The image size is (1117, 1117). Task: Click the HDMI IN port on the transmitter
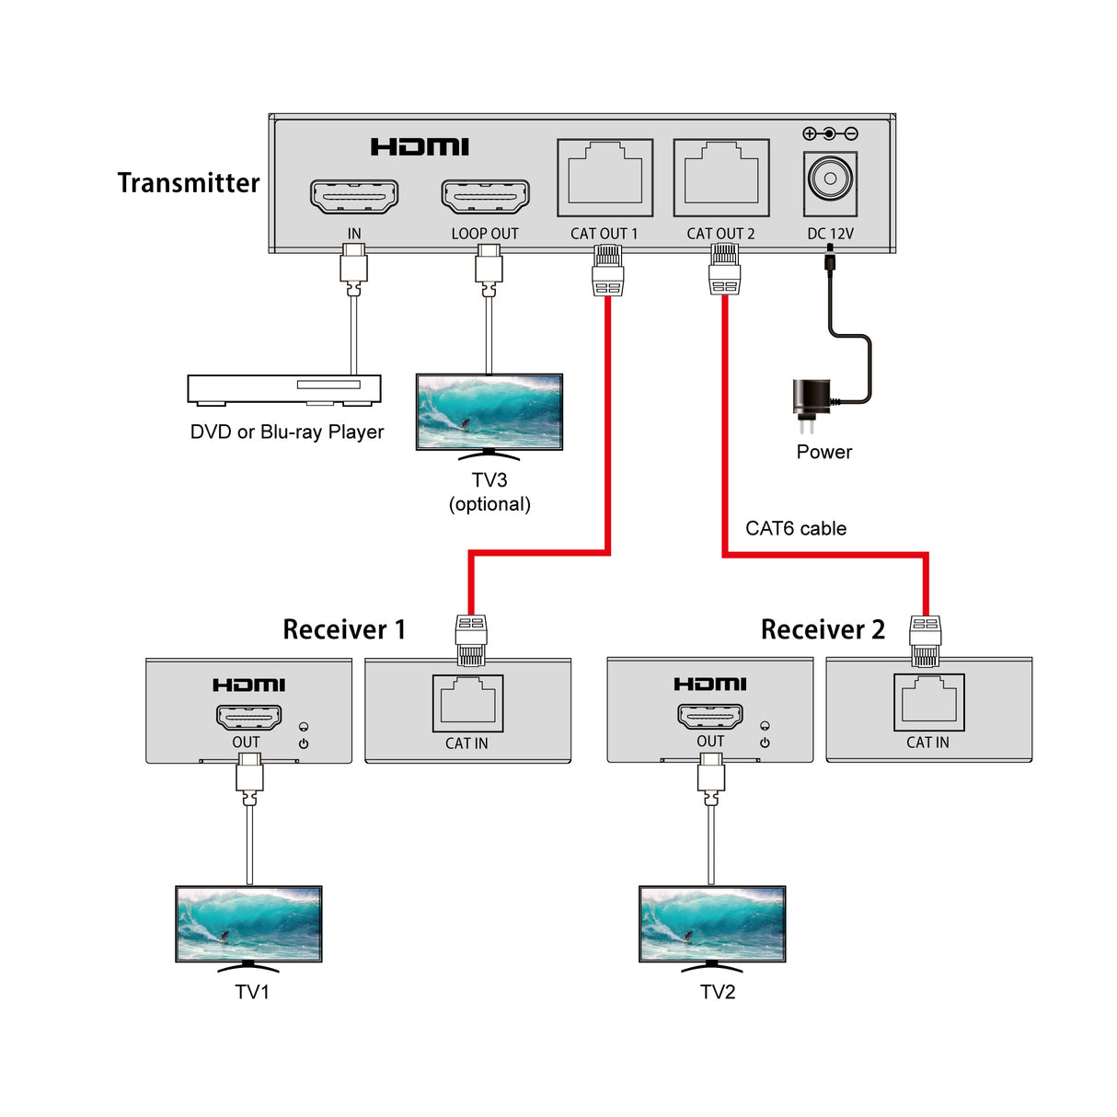tap(354, 196)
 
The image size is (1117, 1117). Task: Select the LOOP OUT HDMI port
tap(485, 196)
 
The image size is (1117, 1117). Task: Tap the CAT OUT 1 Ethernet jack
tap(605, 178)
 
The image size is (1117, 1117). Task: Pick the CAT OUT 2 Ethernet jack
tap(721, 178)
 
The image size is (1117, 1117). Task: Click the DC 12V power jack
tap(831, 178)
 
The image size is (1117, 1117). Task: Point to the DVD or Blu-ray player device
tap(284, 389)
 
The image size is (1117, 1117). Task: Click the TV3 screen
tap(489, 410)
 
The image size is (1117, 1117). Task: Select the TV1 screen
tap(248, 923)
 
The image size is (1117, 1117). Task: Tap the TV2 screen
tap(712, 923)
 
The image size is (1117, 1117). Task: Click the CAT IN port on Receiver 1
tap(467, 702)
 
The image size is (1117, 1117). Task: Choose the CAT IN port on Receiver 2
tap(928, 701)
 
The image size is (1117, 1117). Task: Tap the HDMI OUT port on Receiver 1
tap(248, 717)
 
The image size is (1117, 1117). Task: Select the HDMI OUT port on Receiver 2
tap(710, 716)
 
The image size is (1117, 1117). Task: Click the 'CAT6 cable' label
tap(795, 528)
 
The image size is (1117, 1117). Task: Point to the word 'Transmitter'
tap(189, 183)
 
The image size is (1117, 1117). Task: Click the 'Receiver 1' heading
tap(343, 629)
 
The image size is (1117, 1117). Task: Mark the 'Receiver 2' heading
tap(822, 629)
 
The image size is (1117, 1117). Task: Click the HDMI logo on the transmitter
tap(420, 146)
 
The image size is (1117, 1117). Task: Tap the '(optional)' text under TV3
tap(489, 504)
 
